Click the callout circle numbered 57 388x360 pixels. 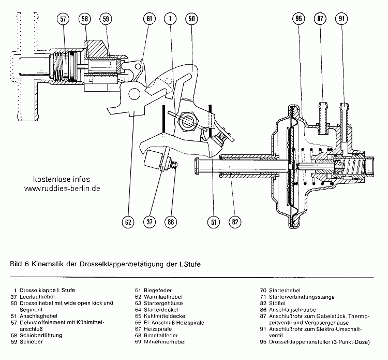(x=63, y=19)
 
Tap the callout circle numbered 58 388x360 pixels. (x=85, y=19)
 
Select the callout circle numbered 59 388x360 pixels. (x=107, y=19)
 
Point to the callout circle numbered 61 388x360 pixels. (x=150, y=19)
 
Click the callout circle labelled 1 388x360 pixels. (x=170, y=19)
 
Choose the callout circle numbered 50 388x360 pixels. (x=191, y=19)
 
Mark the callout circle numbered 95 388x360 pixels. (x=299, y=19)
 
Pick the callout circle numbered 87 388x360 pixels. (x=320, y=19)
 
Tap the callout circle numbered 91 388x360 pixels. (x=342, y=19)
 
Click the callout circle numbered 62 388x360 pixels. (x=128, y=222)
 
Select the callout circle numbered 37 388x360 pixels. (x=150, y=222)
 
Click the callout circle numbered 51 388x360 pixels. (x=213, y=222)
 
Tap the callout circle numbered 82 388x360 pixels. (x=235, y=222)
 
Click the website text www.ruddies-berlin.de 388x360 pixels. (x=62, y=189)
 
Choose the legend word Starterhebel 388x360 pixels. (x=283, y=291)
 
